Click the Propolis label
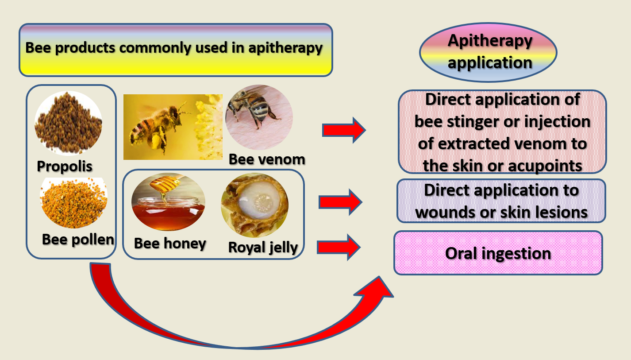point(65,166)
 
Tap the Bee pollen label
point(78,239)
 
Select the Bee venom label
point(267,159)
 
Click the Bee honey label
point(170,243)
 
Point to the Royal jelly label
point(262,247)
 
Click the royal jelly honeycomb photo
point(254,205)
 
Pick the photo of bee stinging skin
point(259,117)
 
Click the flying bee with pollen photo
point(173,127)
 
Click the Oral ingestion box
point(498,253)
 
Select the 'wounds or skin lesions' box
point(501,201)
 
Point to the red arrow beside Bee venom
point(344,130)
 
